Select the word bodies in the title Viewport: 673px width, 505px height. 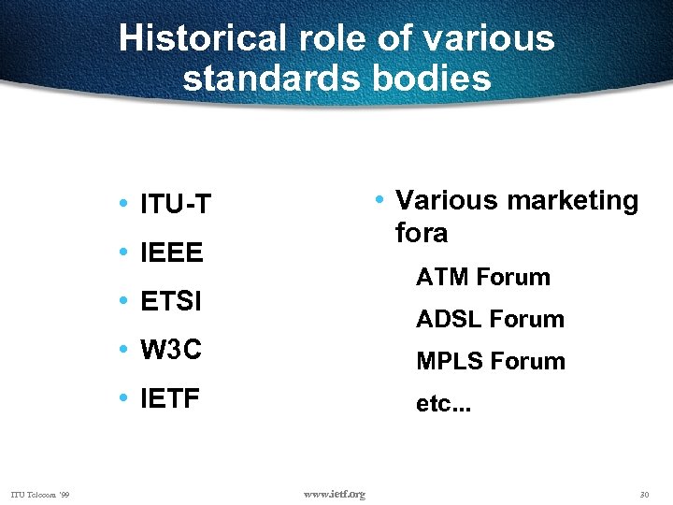[x=432, y=78]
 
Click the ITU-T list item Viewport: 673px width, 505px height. [x=175, y=204]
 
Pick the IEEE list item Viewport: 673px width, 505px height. [x=171, y=253]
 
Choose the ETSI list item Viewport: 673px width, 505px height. [x=171, y=302]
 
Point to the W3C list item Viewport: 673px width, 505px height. [x=170, y=351]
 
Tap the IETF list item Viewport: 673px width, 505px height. [x=169, y=400]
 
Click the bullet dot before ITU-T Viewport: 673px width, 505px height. [x=124, y=203]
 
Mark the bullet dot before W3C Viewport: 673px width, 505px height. [x=124, y=350]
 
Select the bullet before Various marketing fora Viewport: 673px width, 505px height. [x=379, y=199]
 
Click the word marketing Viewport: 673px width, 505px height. [x=573, y=201]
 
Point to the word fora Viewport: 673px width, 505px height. [x=422, y=233]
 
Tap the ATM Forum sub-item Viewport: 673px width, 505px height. [x=483, y=277]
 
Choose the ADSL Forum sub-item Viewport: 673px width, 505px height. [x=490, y=319]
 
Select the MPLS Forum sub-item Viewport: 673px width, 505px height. [x=491, y=361]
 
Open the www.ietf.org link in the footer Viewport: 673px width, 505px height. [x=336, y=494]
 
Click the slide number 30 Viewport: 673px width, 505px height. [x=644, y=494]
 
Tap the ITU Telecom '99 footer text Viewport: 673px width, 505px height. [x=46, y=494]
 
